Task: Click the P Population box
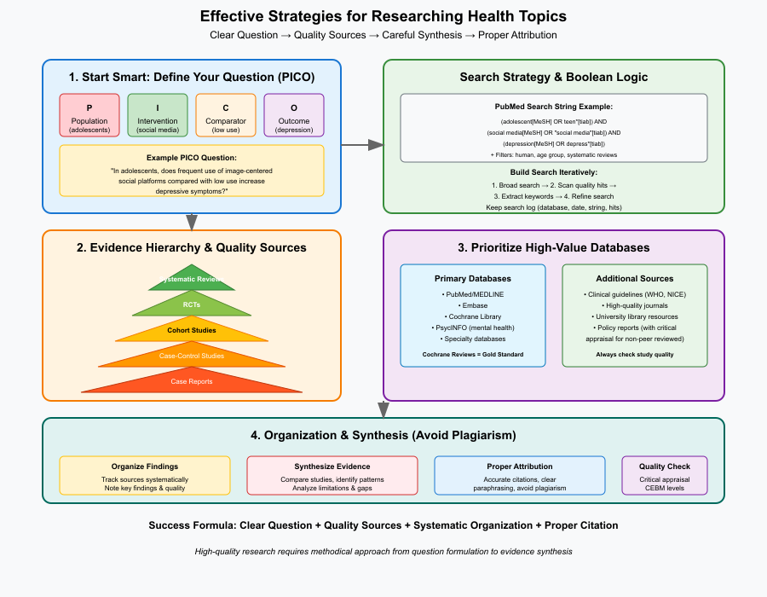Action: [x=89, y=114]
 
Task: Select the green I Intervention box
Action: [x=158, y=114]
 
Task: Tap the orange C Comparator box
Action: [x=226, y=114]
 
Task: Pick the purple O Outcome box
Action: [x=294, y=114]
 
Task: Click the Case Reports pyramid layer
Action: [x=192, y=381]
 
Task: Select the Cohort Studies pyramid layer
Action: [x=192, y=330]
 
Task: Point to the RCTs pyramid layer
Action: [x=192, y=304]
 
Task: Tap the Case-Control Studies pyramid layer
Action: [x=192, y=356]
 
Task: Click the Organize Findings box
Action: [x=145, y=475]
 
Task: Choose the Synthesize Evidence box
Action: [x=332, y=475]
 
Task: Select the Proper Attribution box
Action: [x=520, y=475]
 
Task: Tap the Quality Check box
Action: [x=665, y=475]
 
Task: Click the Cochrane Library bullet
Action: [x=473, y=316]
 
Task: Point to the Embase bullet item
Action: [x=473, y=305]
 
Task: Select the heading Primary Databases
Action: [x=473, y=279]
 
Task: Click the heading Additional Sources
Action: [x=635, y=279]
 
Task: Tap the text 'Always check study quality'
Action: [x=635, y=354]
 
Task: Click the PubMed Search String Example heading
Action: [x=554, y=107]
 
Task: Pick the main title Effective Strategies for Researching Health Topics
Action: [x=383, y=16]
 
